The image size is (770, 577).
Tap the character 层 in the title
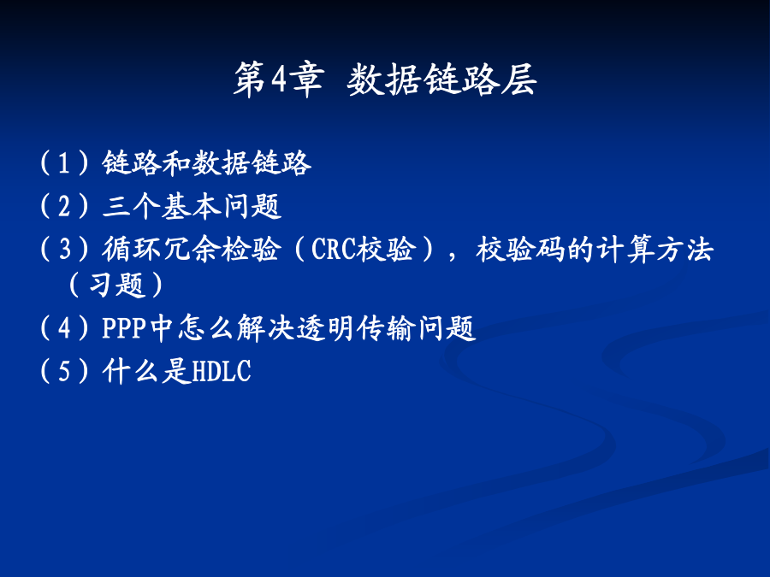tap(518, 79)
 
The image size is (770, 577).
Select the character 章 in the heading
tap(306, 79)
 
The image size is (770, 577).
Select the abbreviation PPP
tap(124, 327)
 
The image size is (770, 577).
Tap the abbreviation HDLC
tap(222, 371)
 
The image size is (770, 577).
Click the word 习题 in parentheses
tap(117, 285)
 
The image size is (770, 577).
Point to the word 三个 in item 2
tap(132, 205)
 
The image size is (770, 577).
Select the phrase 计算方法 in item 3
tap(654, 248)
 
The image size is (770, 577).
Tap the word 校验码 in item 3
tap(520, 248)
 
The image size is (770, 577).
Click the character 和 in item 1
tap(176, 163)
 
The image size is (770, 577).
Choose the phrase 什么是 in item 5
tap(146, 370)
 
